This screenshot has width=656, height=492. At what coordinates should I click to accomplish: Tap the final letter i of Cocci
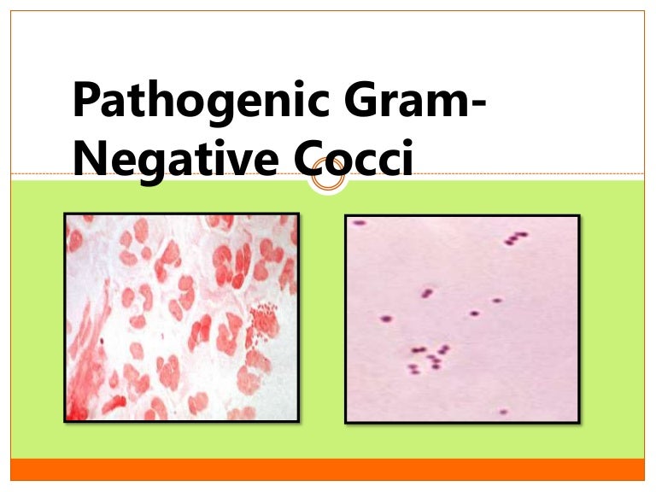[x=406, y=158]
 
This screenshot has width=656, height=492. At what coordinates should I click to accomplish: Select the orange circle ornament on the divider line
[x=327, y=179]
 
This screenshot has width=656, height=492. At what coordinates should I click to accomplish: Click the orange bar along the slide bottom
[x=328, y=469]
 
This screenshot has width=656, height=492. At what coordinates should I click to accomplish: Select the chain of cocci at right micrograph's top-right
[x=515, y=237]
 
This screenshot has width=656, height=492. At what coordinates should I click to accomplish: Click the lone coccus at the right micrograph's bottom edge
[x=503, y=412]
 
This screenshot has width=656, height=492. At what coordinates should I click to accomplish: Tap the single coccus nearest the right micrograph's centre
[x=474, y=313]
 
